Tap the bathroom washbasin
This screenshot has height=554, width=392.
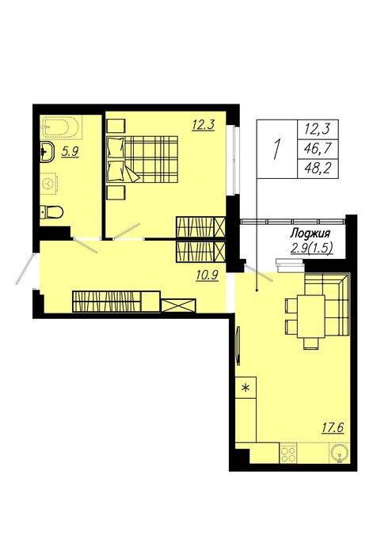46,153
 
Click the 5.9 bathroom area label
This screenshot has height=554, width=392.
70,151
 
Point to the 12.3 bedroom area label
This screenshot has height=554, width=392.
204,125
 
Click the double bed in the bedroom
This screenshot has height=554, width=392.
142,159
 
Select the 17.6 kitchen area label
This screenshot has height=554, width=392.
333,427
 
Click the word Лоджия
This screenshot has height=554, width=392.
310,233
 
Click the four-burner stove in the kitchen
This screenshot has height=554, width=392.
288,453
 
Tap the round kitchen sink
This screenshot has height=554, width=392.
340,453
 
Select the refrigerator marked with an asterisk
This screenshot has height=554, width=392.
245,388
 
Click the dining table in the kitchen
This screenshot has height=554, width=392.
311,317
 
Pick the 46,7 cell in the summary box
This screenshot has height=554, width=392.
318,149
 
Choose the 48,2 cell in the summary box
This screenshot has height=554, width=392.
318,168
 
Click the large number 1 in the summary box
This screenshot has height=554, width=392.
277,149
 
